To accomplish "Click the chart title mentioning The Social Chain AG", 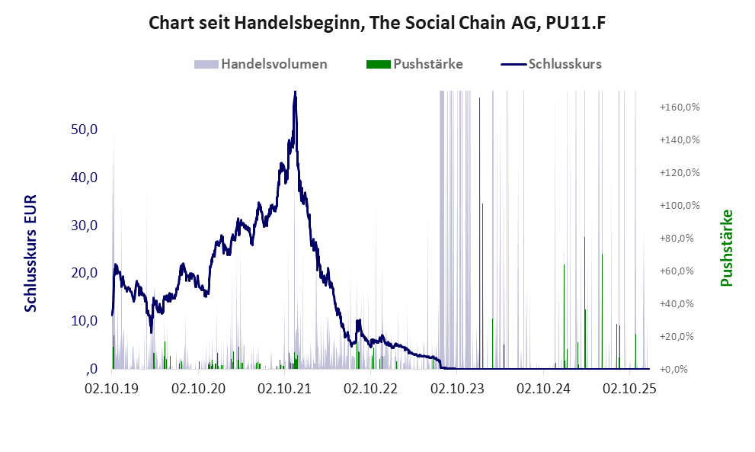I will pos(377,23).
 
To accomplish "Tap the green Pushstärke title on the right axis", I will pos(725,248).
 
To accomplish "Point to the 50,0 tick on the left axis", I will pos(85,130).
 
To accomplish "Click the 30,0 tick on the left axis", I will pos(85,226).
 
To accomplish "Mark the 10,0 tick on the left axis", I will pos(85,321).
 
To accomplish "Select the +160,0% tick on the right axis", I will pos(680,107).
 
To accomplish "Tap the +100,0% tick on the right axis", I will pos(680,206).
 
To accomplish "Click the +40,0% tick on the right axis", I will pos(680,303).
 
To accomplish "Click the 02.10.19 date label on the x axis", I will pos(112,389).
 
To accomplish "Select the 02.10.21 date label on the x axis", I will pos(284,389).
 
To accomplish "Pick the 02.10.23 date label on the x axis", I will pos(457,389).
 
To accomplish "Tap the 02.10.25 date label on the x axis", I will pos(629,389).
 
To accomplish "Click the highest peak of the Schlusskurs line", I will pos(294,92).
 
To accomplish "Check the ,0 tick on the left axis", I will pos(91,369).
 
